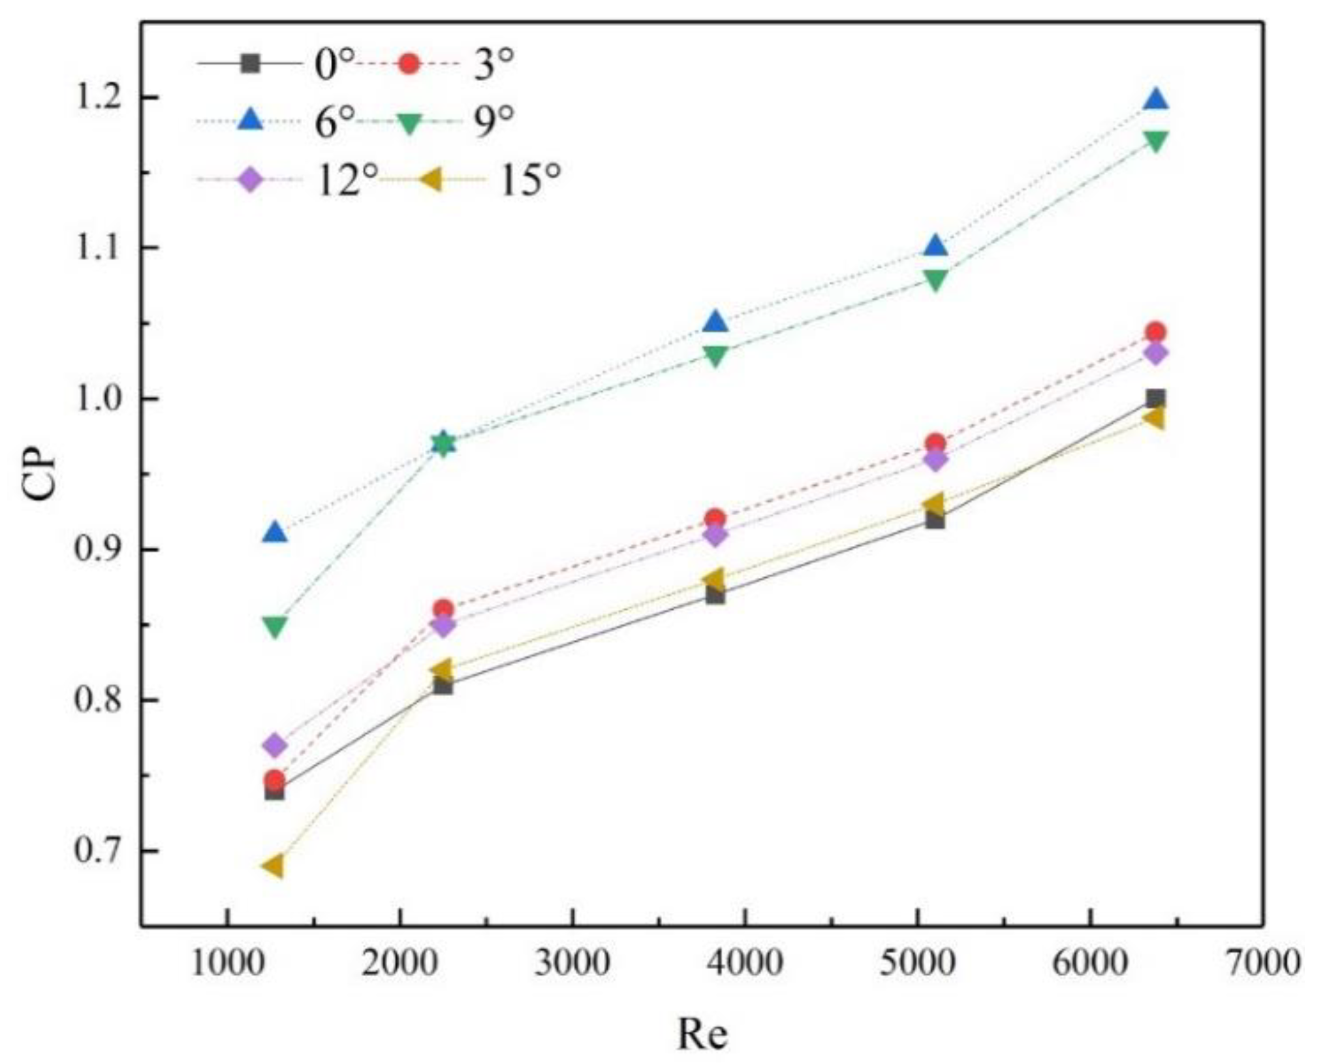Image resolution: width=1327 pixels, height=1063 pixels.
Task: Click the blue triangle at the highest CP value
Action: coord(1155,100)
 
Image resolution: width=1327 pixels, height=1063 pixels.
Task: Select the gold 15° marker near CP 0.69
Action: coord(273,866)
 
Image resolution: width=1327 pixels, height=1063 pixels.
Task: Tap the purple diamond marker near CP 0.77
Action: coord(275,745)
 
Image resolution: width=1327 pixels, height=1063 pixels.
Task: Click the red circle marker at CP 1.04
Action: coord(1155,332)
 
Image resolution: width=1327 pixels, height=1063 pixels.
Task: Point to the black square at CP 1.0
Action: coord(1155,398)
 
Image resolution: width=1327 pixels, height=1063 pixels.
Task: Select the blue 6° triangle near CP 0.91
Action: coord(275,533)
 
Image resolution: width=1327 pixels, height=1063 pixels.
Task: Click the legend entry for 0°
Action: coord(333,65)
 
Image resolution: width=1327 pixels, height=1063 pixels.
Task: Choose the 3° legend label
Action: coord(493,65)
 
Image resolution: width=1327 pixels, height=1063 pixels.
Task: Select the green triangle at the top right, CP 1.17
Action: coord(1155,141)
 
